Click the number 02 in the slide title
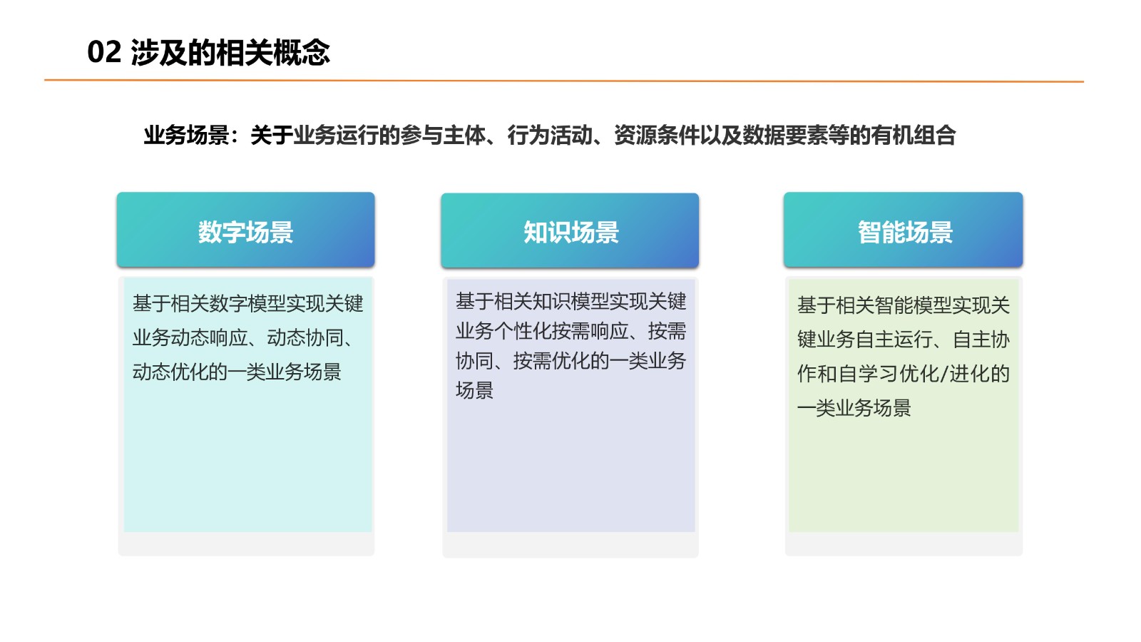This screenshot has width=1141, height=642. tap(104, 52)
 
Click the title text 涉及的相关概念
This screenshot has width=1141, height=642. tap(230, 53)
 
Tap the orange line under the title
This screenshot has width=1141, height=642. tap(564, 81)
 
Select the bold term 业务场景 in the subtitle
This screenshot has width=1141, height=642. tap(186, 136)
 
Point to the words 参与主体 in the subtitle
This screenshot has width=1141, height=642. tap(443, 136)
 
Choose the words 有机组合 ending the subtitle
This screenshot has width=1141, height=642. tap(914, 136)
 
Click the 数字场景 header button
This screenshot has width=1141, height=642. tap(245, 230)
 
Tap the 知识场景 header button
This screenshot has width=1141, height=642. tap(570, 230)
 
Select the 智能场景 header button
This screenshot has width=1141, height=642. tap(903, 230)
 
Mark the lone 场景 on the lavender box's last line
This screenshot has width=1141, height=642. tap(475, 391)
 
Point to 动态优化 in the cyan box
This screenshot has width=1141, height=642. tap(170, 372)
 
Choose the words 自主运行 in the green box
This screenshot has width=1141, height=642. tap(894, 340)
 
